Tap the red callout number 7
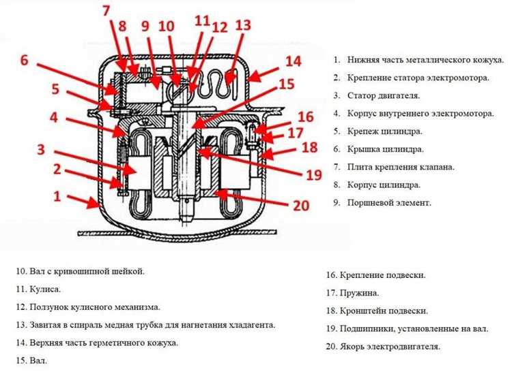point(106,12)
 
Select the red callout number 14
point(292,61)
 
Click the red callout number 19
point(313,174)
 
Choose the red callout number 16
point(305,116)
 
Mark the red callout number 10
point(167,27)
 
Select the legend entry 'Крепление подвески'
point(377,275)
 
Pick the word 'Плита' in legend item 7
point(360,167)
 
